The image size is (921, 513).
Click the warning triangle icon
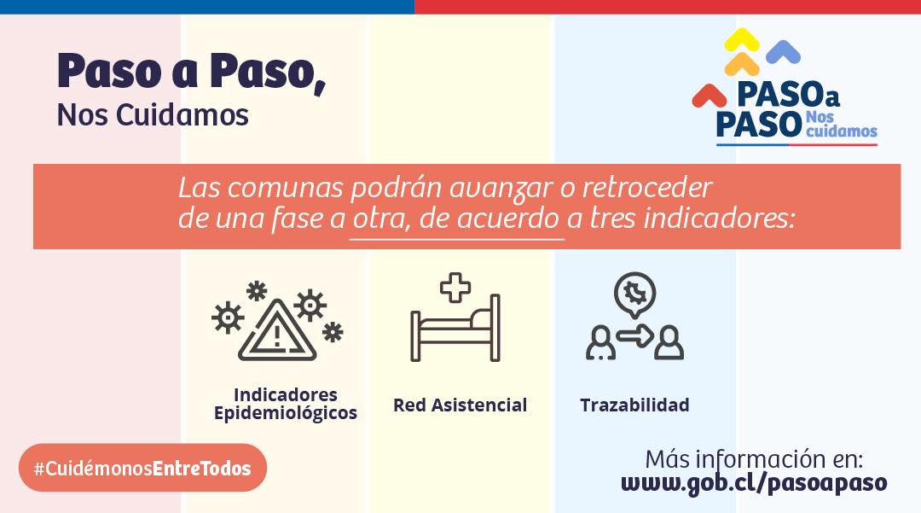pos(277,333)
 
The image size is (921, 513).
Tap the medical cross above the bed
pos(455,288)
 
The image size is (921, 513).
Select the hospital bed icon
pos(455,328)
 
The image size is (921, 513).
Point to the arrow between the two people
pos(635,336)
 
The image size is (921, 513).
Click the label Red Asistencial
pos(460,405)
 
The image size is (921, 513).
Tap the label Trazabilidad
pos(635,405)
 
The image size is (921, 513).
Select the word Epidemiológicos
pos(286,414)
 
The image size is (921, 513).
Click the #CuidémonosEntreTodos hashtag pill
pos(142,468)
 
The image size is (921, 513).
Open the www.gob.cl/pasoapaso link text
pos(754,483)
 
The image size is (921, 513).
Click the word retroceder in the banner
pos(646,188)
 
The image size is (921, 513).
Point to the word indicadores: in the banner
pos(720,218)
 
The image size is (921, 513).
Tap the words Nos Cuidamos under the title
pos(153,114)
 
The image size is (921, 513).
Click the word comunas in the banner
pos(285,189)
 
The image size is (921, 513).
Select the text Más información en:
pos(754,459)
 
